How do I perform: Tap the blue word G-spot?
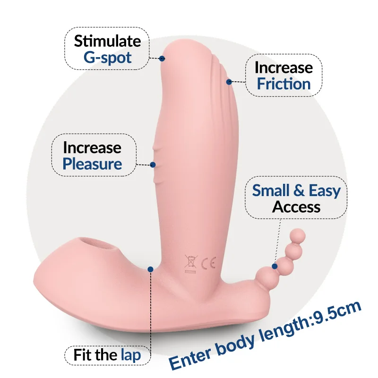(108, 58)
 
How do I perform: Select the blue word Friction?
(283, 84)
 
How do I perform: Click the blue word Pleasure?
(93, 164)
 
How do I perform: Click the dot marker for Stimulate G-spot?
(162, 59)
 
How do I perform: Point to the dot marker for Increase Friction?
(229, 82)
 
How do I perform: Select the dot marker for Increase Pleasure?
(153, 165)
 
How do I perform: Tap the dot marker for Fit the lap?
(150, 269)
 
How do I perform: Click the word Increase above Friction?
(283, 68)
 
